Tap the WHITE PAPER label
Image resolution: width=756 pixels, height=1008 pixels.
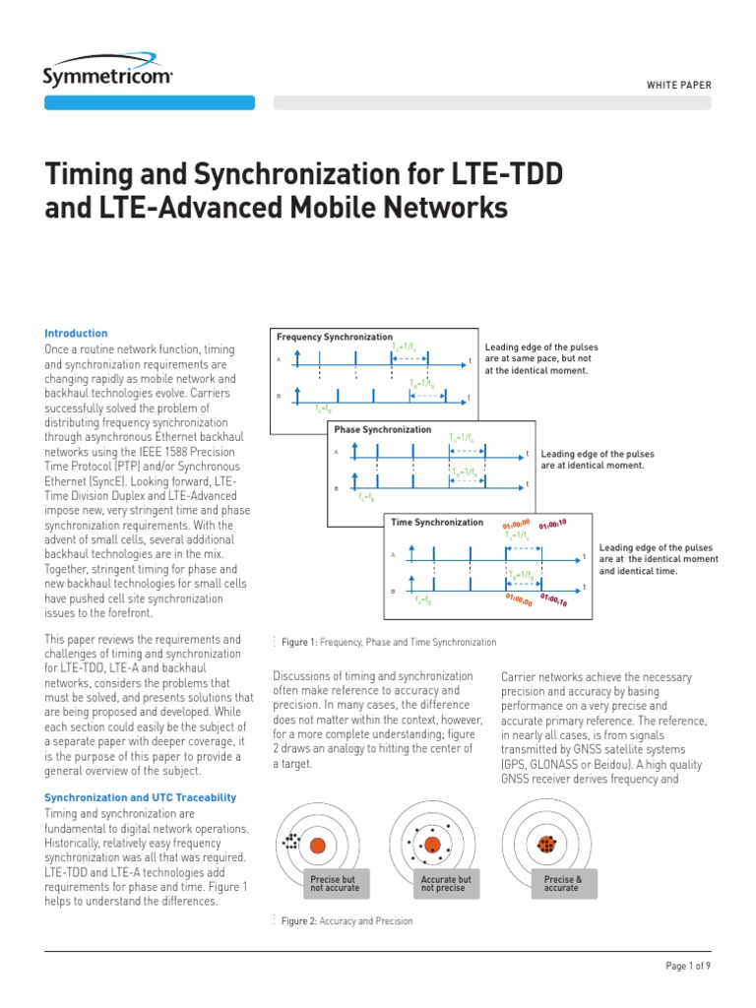(678, 86)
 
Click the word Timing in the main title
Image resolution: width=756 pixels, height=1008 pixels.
(93, 176)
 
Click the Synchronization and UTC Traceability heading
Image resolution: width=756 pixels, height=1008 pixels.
(141, 796)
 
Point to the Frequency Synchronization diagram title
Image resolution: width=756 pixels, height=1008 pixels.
(335, 338)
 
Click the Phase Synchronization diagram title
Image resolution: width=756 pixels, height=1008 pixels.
(383, 430)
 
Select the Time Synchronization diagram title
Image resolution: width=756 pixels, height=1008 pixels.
(438, 522)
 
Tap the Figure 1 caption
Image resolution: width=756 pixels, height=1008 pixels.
(389, 642)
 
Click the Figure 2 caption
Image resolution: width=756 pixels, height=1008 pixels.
(346, 921)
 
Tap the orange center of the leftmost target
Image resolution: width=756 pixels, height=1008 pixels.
(317, 846)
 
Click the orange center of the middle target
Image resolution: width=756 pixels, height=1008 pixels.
(432, 845)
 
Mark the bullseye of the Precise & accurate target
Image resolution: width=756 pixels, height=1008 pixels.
(547, 845)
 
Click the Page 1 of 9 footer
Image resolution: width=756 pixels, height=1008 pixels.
(687, 966)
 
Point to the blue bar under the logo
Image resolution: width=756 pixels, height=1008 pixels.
(150, 102)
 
